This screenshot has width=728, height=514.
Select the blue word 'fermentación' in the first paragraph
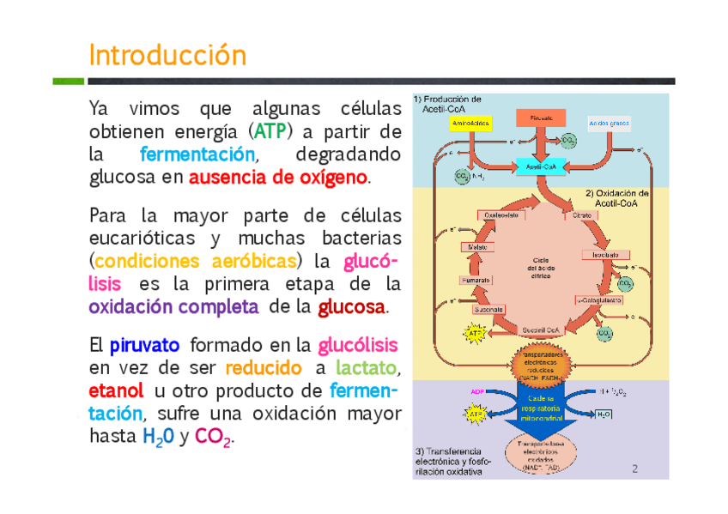coord(197,155)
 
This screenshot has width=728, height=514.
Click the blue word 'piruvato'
coord(144,346)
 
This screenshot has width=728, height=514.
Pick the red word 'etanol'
coord(116,391)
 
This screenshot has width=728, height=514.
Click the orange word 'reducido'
coord(264,368)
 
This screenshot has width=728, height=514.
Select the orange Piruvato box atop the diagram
coord(541,117)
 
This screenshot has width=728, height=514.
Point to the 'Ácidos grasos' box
coord(610,124)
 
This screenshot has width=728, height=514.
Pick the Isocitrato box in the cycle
coord(601,255)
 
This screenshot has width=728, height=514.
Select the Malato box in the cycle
coord(476,247)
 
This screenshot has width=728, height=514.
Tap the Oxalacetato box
coord(501,215)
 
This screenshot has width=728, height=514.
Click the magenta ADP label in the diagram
coord(477,391)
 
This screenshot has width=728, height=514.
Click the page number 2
coord(634,469)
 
